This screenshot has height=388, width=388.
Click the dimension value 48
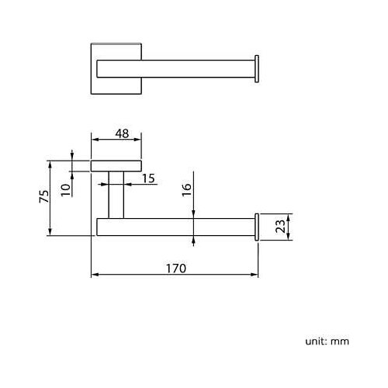tap(122, 133)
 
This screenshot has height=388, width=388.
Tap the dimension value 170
tap(176, 268)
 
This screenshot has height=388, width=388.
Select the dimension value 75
tap(44, 196)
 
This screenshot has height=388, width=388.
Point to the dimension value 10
tap(66, 190)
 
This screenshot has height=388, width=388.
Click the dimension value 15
tap(148, 178)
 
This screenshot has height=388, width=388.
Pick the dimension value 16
tap(186, 189)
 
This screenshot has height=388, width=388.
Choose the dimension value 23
tap(280, 227)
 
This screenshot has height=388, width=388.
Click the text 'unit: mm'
tap(327, 341)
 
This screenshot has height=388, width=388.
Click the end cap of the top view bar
tap(257, 69)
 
